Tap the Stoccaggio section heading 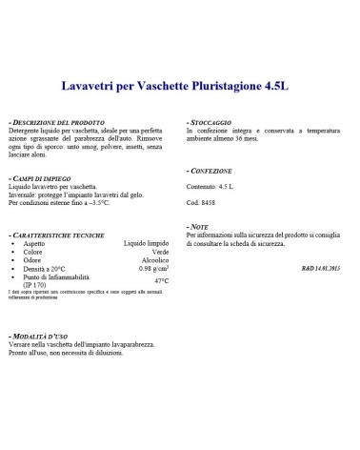click(212, 124)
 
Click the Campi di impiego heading click(42, 179)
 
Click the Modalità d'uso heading click(38, 337)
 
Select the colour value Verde click(160, 253)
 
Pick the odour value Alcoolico click(154, 261)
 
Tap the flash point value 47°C click(161, 281)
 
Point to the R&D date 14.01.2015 click(322, 269)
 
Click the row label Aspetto click(35, 244)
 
